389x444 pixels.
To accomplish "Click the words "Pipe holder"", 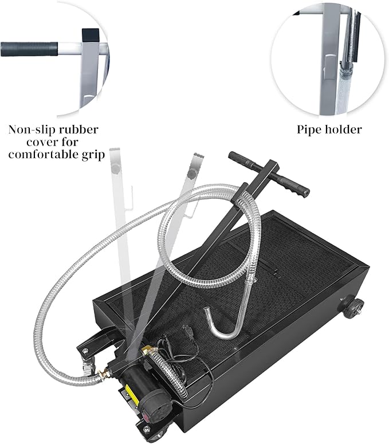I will click(x=329, y=129).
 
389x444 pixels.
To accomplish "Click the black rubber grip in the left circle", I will click(x=28, y=48).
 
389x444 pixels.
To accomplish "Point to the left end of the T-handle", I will click(x=235, y=156).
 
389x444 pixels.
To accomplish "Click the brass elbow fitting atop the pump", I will click(x=148, y=348).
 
